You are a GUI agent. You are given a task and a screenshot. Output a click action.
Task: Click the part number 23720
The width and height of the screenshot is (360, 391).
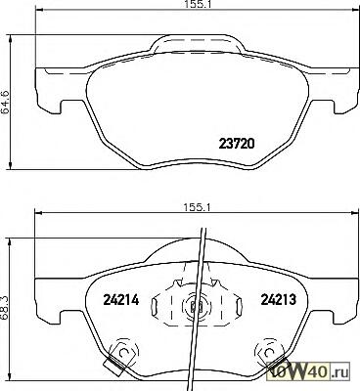point(236,144)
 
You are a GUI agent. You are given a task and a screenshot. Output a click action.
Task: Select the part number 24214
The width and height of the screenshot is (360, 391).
point(121,300)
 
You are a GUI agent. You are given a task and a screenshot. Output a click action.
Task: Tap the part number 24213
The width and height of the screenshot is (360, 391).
point(278,299)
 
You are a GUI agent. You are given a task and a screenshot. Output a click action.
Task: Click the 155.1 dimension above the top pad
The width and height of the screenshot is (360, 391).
point(195,4)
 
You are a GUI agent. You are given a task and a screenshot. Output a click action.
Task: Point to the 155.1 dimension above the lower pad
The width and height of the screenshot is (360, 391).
point(196,207)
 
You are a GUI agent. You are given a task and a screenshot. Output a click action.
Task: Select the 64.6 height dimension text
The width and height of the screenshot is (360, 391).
point(5,102)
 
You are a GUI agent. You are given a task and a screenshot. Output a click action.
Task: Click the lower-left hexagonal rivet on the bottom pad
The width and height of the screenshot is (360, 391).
point(123,353)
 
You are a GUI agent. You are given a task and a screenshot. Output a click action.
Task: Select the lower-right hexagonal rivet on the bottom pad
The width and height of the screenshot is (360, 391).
point(269,353)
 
